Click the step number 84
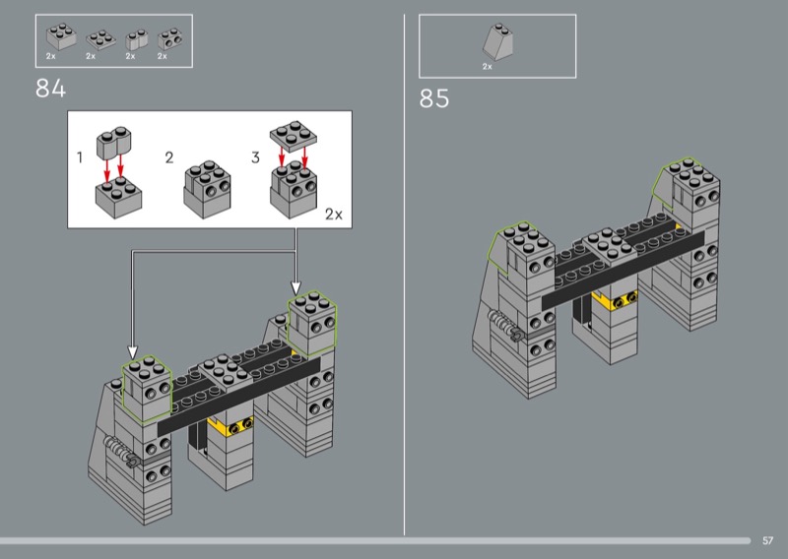click(51, 89)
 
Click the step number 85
click(434, 98)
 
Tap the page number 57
click(767, 540)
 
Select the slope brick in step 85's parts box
click(498, 42)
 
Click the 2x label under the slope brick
click(487, 66)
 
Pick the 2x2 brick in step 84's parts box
click(61, 36)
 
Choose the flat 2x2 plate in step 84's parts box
click(100, 39)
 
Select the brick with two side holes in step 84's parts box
click(169, 39)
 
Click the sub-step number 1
click(80, 157)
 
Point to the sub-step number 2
click(169, 157)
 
